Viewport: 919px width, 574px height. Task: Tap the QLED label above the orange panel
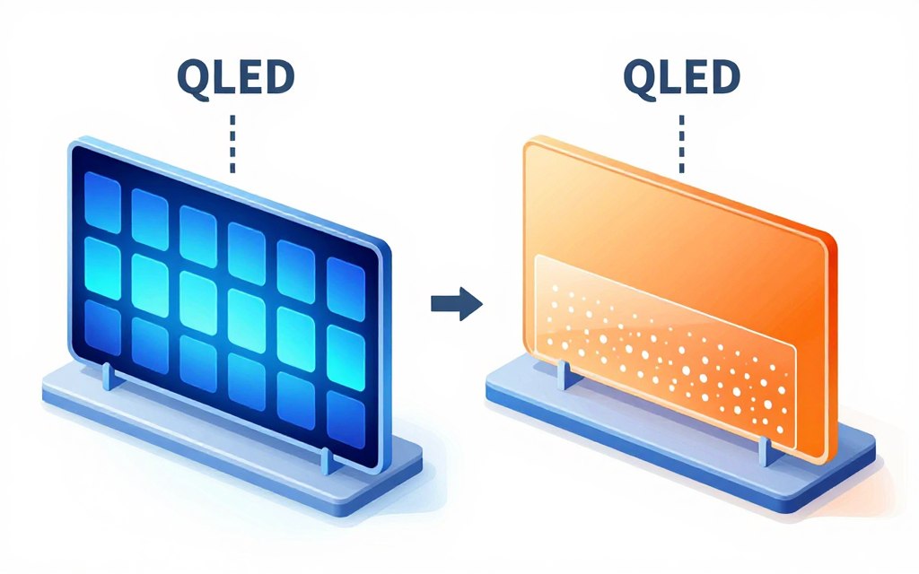[x=682, y=77]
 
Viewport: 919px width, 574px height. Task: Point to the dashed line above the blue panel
[x=233, y=143]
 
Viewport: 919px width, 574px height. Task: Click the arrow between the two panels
[x=456, y=304]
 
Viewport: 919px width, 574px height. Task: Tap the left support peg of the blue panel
[x=108, y=377]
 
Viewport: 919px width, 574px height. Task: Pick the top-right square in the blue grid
[x=346, y=284]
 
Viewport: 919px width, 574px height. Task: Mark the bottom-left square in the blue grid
[x=101, y=326]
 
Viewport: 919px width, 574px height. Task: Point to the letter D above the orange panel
[x=723, y=77]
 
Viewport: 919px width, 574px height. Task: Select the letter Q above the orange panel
[x=640, y=77]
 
